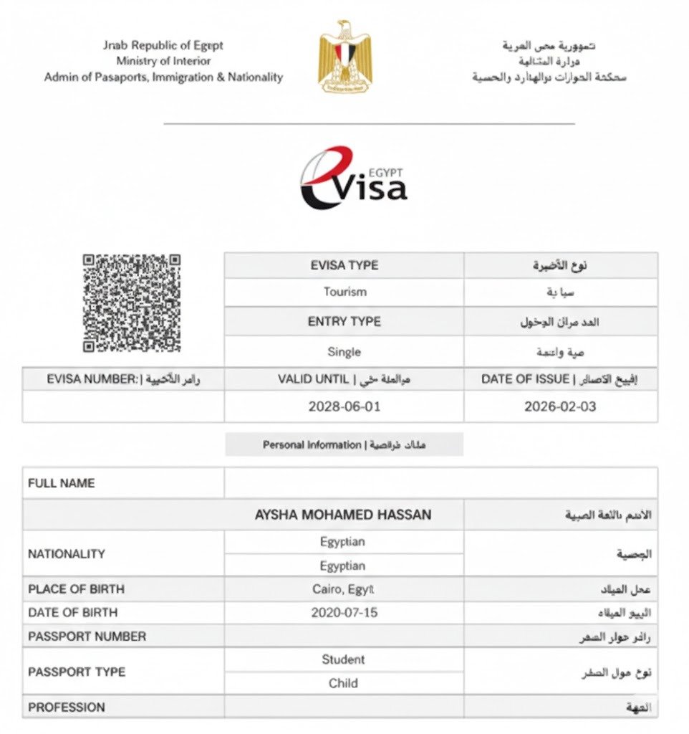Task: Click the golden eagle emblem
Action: click(x=345, y=57)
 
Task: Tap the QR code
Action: click(x=131, y=302)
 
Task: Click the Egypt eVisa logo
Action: click(x=353, y=178)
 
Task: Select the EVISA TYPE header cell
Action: click(x=344, y=265)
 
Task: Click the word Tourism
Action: click(x=344, y=292)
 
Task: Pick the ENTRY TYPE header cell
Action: click(x=344, y=322)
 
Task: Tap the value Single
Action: click(x=344, y=352)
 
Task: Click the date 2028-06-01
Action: click(x=344, y=406)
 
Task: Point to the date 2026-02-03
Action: click(x=560, y=406)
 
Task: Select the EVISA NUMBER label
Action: click(x=123, y=379)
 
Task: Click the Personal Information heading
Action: click(x=344, y=445)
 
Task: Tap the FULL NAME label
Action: click(x=61, y=483)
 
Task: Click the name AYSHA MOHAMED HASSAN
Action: click(x=343, y=515)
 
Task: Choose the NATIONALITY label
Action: click(x=66, y=553)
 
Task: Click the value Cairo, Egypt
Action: click(x=343, y=589)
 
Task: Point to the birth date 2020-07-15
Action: click(x=344, y=613)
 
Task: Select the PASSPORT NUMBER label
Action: click(x=87, y=637)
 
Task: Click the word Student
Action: click(x=343, y=659)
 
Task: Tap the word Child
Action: click(x=343, y=683)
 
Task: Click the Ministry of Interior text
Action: click(x=163, y=61)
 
